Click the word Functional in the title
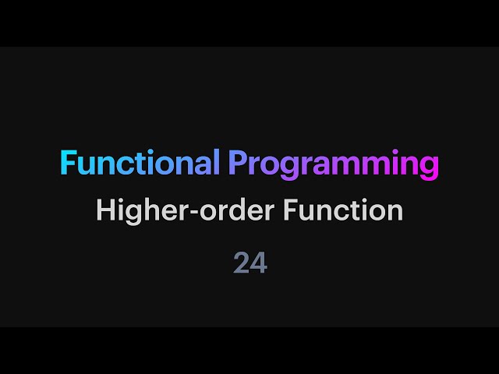click(x=140, y=164)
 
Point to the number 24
click(x=250, y=263)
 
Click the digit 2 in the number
click(x=242, y=263)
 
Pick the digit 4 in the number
click(x=259, y=263)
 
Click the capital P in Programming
click(x=237, y=164)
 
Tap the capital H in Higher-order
click(x=104, y=210)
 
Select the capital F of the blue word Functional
click(x=68, y=164)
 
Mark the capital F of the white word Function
click(x=306, y=210)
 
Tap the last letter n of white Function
click(x=395, y=212)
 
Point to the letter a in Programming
click(x=324, y=166)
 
